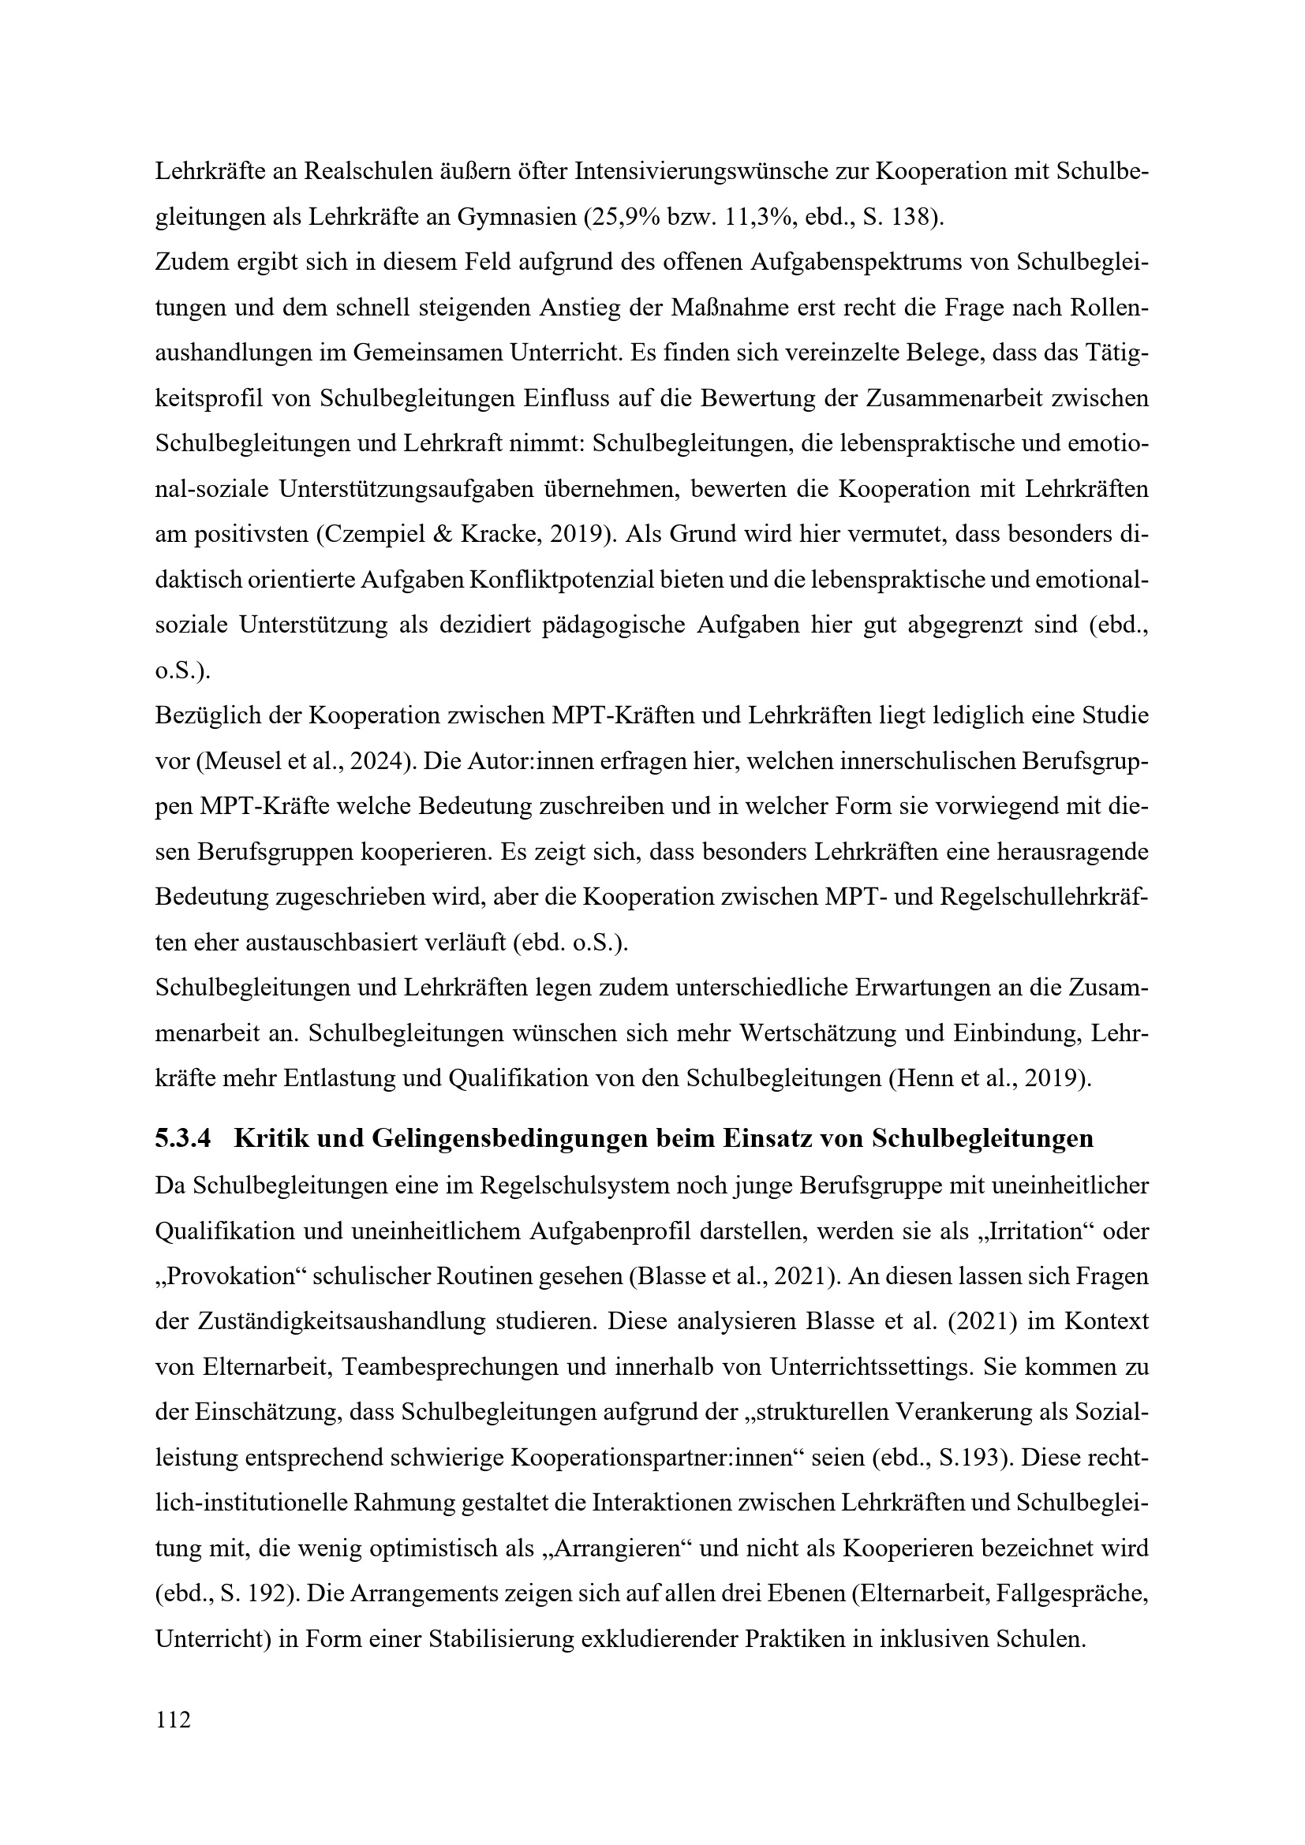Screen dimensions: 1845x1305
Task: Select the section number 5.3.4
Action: pyautogui.click(x=183, y=1139)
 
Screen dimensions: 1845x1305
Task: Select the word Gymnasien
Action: pyautogui.click(x=517, y=217)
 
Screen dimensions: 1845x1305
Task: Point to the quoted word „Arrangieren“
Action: pyautogui.click(x=615, y=1548)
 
